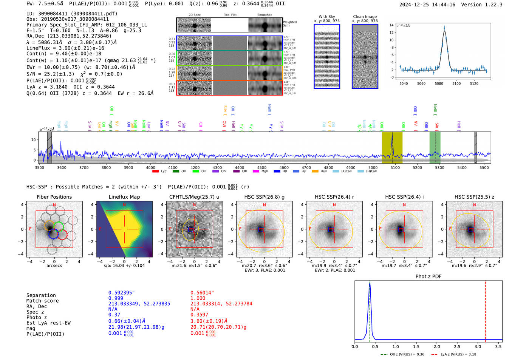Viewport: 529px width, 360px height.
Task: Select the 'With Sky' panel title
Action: click(326, 17)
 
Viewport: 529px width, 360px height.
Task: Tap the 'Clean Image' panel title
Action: click(365, 17)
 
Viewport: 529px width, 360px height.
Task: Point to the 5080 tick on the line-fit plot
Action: click(439, 83)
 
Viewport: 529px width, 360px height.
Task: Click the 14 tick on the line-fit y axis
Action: click(391, 25)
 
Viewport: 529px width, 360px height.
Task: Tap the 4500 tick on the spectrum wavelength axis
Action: click(262, 168)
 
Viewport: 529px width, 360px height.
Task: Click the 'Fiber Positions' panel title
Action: click(54, 197)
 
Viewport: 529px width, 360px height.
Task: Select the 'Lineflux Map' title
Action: click(124, 197)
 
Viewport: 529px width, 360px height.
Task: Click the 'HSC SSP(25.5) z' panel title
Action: click(474, 197)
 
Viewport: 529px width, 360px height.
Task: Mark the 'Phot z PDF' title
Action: click(428, 277)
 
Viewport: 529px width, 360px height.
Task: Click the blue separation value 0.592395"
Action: click(121, 293)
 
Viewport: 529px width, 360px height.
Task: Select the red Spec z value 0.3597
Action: click(199, 315)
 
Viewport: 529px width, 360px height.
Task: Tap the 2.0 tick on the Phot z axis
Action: click(436, 346)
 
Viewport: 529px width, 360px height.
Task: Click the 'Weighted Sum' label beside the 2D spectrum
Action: click(289, 24)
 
